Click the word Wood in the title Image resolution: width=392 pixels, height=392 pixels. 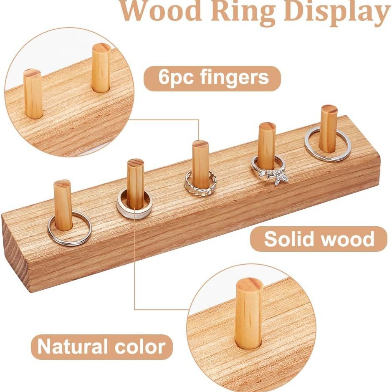pyautogui.click(x=161, y=12)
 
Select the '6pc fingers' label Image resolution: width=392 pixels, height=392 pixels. pyautogui.click(x=212, y=78)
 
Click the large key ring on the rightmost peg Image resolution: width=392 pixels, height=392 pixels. pyautogui.click(x=328, y=144)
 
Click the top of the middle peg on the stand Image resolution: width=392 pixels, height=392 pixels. pyautogui.click(x=200, y=144)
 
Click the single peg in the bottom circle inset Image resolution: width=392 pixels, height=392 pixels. pyautogui.click(x=249, y=313)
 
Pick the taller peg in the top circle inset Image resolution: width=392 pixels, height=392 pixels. pyautogui.click(x=101, y=67)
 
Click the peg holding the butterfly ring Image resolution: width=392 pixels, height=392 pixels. pyautogui.click(x=266, y=144)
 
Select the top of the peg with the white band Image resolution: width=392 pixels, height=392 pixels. pyautogui.click(x=136, y=163)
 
